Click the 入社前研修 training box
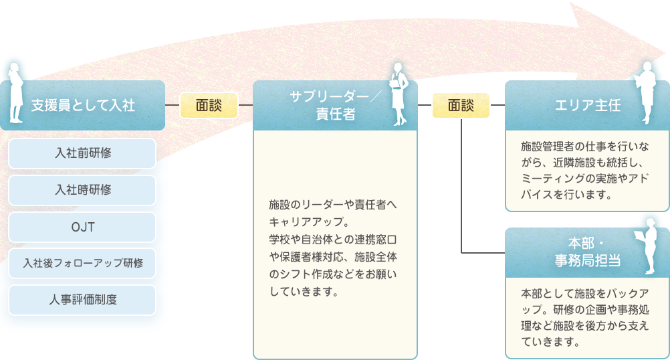coord(83,153)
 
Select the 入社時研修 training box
coord(83,190)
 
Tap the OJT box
coord(83,227)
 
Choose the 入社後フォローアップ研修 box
coord(83,263)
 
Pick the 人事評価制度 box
coord(83,300)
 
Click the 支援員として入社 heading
coord(84,105)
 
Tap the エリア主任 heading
coord(579,105)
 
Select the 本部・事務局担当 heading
coord(579,252)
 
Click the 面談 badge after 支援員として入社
coord(209,105)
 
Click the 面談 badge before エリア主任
coord(461,105)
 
